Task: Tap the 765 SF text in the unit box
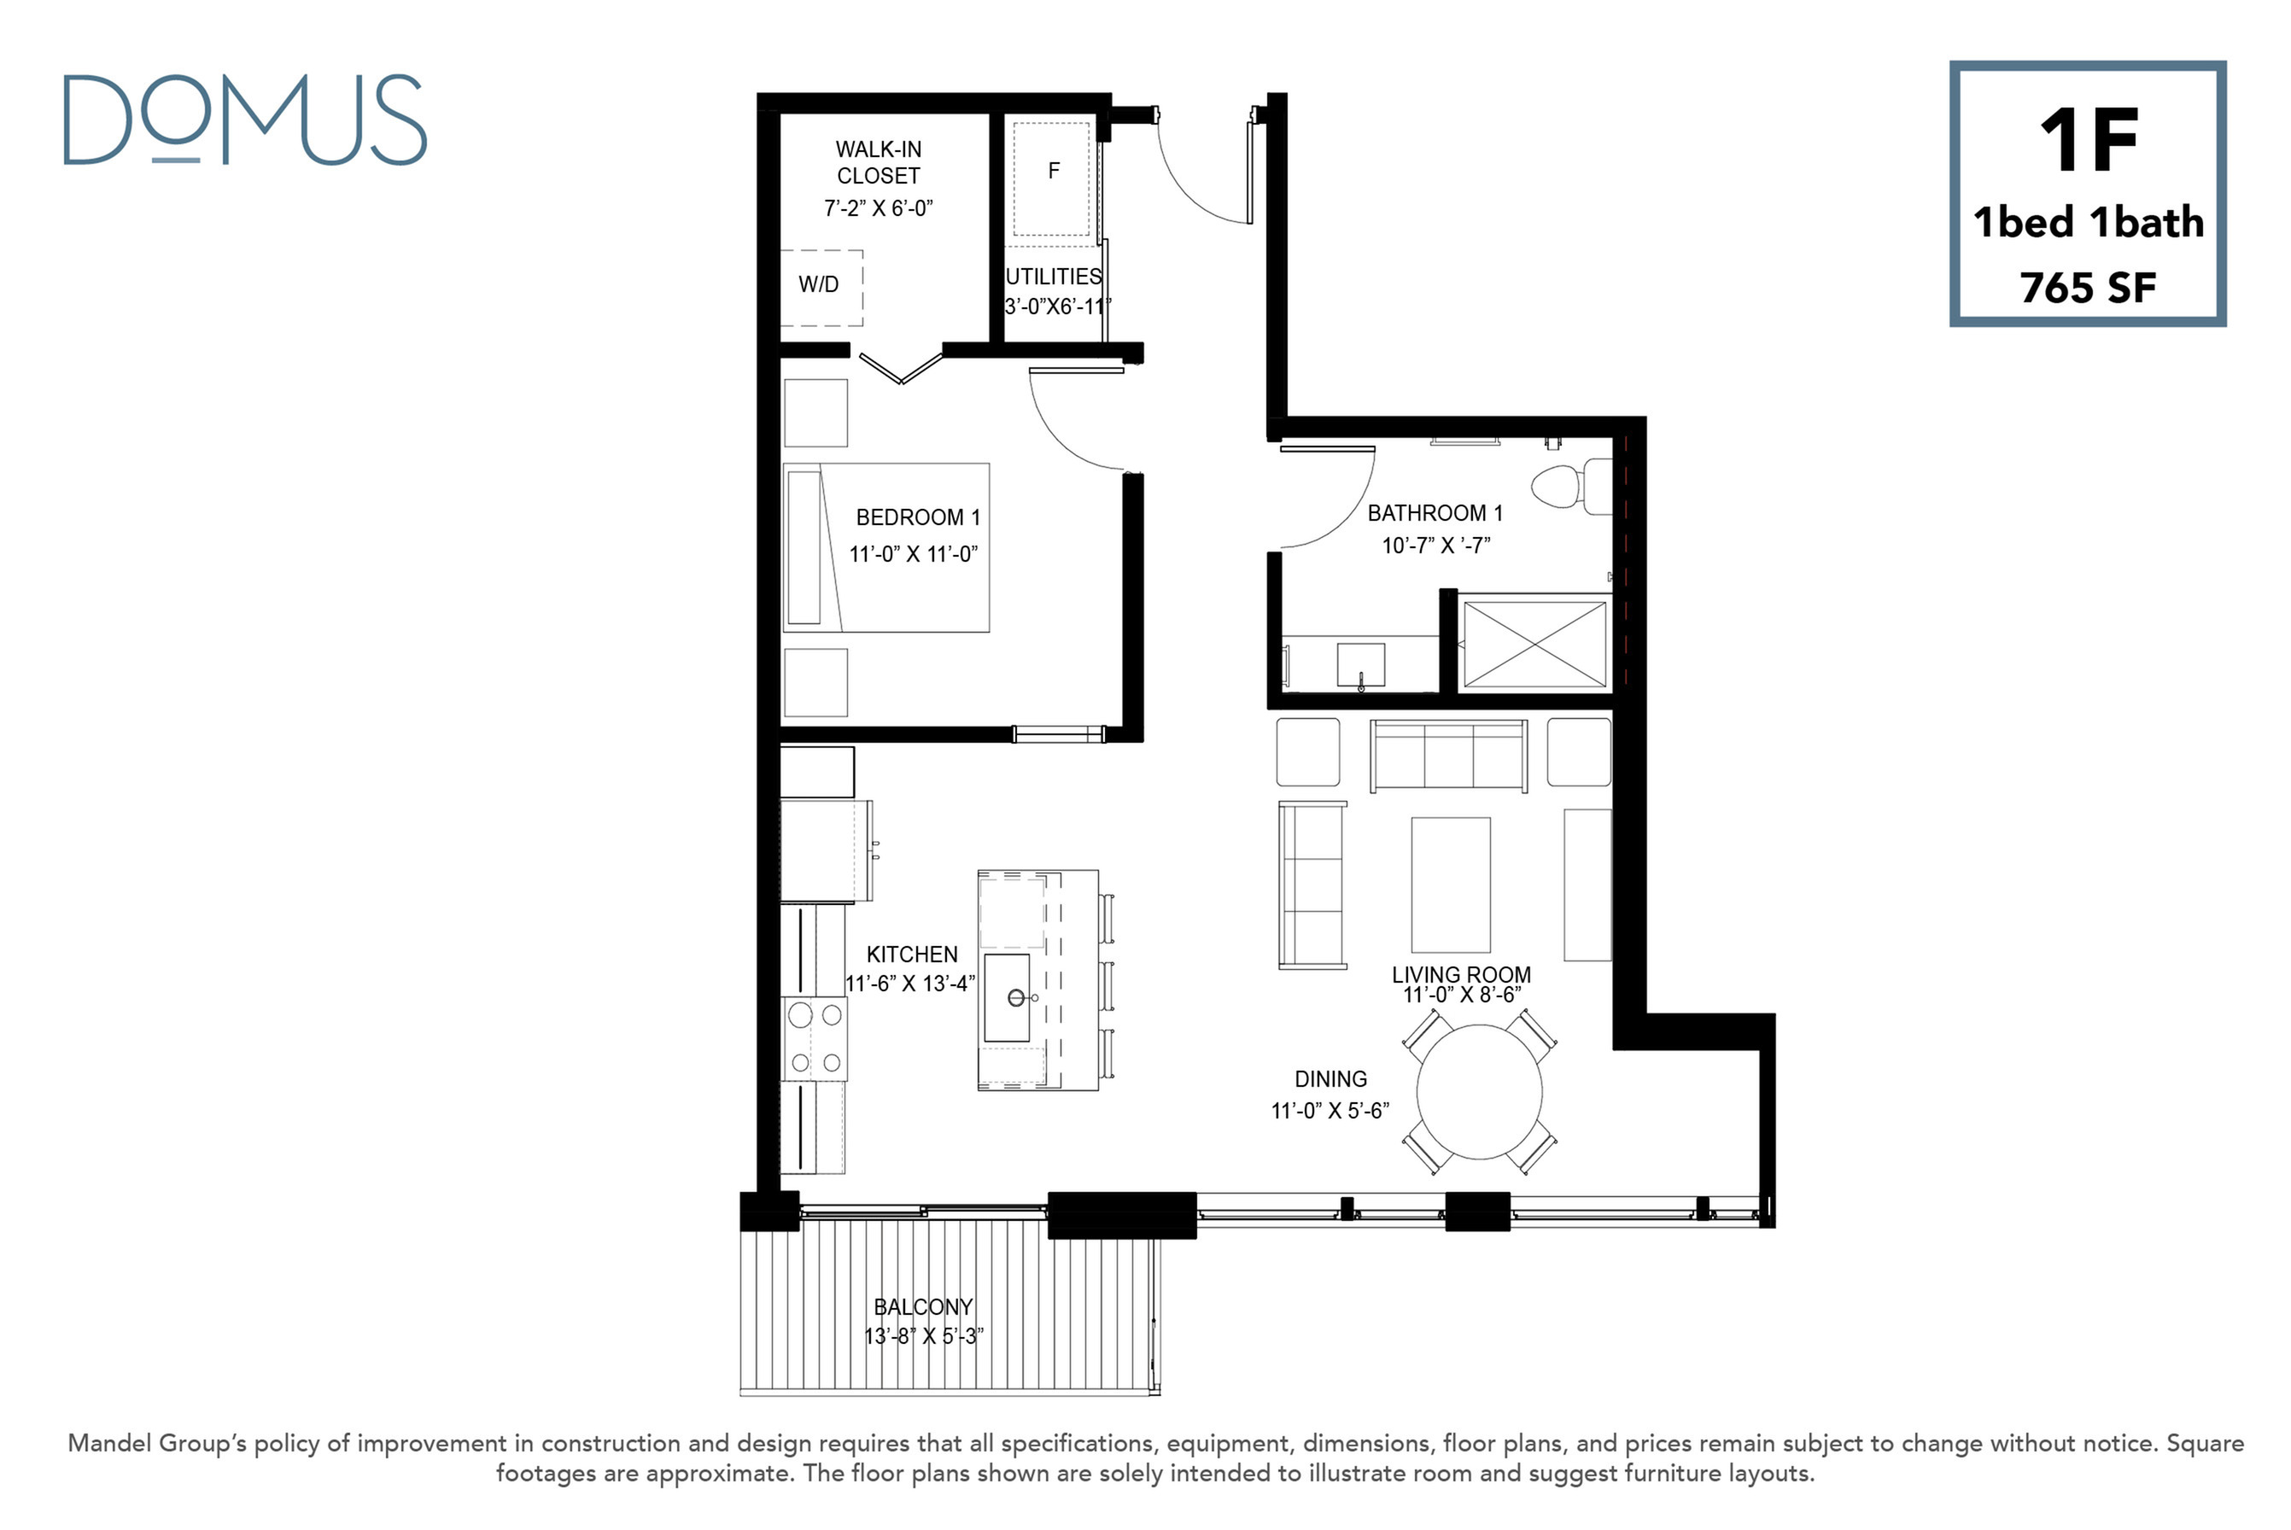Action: [x=2087, y=288]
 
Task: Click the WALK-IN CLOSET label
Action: [x=878, y=162]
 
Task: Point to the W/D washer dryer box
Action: [x=821, y=287]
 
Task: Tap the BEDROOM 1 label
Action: [x=917, y=517]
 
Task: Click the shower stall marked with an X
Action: [x=1534, y=644]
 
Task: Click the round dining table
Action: [x=1479, y=1091]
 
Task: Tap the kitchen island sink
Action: [x=1007, y=997]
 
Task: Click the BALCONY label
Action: [x=923, y=1306]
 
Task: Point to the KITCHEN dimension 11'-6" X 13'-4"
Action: [x=910, y=984]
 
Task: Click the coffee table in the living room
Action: [x=1451, y=884]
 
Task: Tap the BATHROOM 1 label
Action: [x=1435, y=513]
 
